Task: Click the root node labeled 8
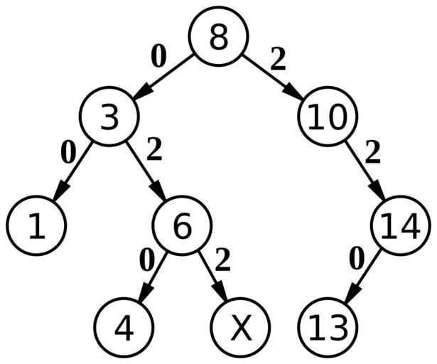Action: (x=218, y=38)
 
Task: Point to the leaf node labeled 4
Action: (x=124, y=328)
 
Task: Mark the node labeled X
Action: (x=241, y=328)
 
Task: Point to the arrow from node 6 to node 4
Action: (x=153, y=277)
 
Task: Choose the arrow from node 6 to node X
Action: (x=212, y=277)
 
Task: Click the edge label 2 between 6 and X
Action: (x=222, y=261)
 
